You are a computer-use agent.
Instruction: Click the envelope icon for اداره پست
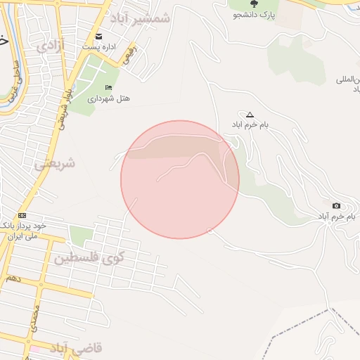click(98, 37)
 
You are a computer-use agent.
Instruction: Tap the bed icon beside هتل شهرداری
click(108, 88)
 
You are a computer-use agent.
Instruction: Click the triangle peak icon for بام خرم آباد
click(250, 114)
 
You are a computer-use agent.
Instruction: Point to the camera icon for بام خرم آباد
click(336, 205)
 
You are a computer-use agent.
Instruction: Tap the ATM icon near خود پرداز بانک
click(22, 215)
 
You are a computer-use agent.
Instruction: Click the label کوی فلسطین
click(89, 257)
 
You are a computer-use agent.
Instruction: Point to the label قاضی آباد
click(75, 348)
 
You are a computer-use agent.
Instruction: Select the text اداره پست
click(100, 47)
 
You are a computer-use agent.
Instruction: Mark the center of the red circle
click(180, 179)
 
